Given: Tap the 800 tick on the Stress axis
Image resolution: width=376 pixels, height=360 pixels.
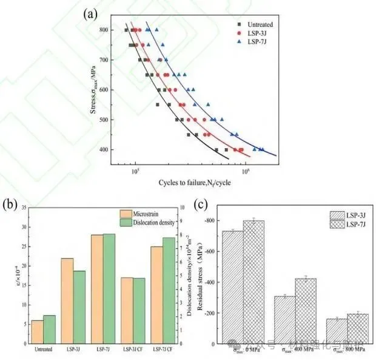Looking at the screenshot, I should tap(109, 30).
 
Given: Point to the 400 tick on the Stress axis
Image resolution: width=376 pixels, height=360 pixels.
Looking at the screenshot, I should tap(109, 149).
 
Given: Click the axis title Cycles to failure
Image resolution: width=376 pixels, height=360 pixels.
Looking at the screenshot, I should tap(190, 184).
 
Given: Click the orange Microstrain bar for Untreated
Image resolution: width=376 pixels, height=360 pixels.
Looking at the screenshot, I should tap(37, 332).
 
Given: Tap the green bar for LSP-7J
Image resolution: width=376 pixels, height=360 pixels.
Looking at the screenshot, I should tap(109, 289).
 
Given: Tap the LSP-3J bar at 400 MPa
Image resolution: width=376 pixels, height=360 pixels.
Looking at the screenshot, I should tap(284, 320).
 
